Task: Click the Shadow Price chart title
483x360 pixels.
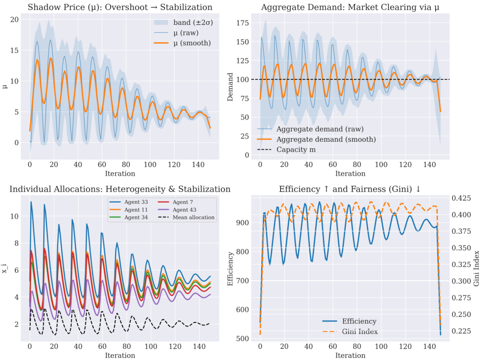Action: [x=120, y=7]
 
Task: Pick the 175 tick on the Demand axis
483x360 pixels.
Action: [x=243, y=23]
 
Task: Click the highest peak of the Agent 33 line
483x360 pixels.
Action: [x=31, y=202]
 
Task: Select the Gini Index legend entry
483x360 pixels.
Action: [x=359, y=332]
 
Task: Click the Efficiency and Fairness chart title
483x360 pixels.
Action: [x=350, y=189]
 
